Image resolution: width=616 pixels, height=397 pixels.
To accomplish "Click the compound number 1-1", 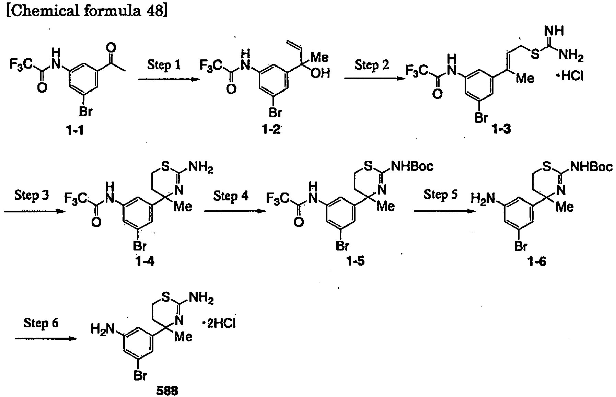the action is (x=76, y=130).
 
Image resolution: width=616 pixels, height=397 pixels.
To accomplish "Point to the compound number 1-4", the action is (x=145, y=262).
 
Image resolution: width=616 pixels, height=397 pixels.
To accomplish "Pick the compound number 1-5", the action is (x=356, y=262).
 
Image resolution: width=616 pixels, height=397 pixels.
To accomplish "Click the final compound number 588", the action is (x=167, y=391).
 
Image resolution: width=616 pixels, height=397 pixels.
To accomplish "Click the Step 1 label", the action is (x=164, y=65).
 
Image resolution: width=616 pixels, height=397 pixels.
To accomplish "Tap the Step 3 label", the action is (x=32, y=195).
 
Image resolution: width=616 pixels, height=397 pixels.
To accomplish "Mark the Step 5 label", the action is (x=440, y=195).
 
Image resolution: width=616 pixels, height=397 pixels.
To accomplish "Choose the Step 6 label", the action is (x=41, y=323).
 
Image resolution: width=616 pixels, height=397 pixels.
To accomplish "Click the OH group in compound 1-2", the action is (x=320, y=73).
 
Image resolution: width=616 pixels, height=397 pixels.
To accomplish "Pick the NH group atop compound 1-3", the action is (x=554, y=32).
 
